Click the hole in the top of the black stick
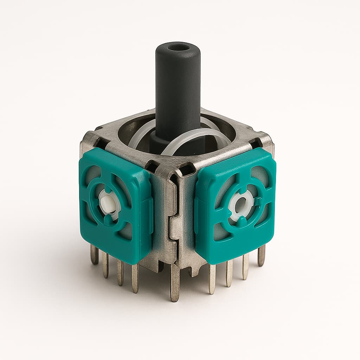pos(178,47)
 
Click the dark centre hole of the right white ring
pos(242,204)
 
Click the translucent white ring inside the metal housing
pos(197,137)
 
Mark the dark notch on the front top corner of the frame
pos(186,170)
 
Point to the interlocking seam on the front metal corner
pos(173,225)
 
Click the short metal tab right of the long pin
pos(192,271)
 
